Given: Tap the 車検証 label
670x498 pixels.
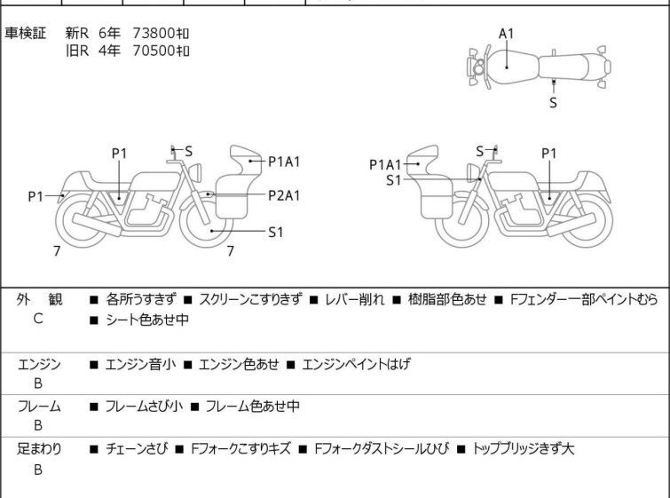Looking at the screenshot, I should [x=27, y=33].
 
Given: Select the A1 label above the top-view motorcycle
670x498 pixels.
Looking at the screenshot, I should [x=506, y=34].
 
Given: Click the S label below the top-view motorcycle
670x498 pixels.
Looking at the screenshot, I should [x=553, y=102].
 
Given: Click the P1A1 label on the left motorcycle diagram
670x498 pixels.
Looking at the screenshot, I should [x=284, y=162].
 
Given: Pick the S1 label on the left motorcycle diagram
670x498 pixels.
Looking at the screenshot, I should [x=276, y=232].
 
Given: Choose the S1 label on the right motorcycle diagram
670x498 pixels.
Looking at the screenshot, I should [x=394, y=180].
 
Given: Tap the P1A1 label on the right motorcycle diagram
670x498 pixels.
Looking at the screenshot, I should [x=386, y=163].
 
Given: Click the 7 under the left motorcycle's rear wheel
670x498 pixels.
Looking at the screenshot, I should [x=56, y=251].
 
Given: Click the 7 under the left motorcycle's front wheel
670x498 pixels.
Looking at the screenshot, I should [x=230, y=251].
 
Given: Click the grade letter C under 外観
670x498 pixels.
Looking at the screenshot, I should [x=38, y=319].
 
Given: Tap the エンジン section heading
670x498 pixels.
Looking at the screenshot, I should [x=38, y=364].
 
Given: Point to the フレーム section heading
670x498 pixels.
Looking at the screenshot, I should [x=38, y=407].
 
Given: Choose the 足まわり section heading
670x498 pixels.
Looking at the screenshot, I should [x=38, y=449].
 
